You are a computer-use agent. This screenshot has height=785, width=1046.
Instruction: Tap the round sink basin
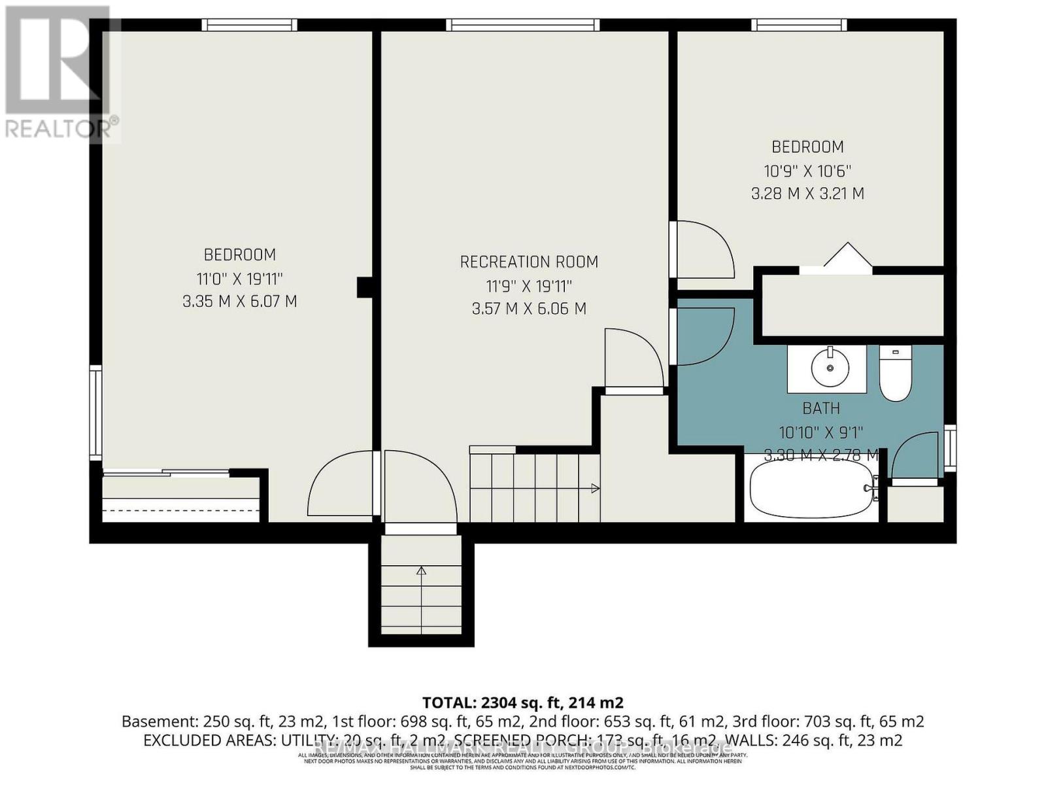(830, 368)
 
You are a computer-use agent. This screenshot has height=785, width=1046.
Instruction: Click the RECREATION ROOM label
(529, 262)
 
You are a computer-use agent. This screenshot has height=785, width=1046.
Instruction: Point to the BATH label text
(821, 408)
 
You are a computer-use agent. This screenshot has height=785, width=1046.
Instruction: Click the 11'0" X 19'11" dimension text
(239, 279)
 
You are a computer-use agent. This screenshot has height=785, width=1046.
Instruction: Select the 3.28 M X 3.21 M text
(807, 194)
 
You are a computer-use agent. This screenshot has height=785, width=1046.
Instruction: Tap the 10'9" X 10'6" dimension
(807, 171)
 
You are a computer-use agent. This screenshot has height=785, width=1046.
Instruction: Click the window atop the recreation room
(522, 25)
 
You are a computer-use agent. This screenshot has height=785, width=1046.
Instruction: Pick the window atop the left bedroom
(249, 25)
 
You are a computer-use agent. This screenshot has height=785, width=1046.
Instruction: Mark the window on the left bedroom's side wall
(96, 413)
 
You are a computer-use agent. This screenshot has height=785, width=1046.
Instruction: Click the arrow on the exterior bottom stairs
(421, 570)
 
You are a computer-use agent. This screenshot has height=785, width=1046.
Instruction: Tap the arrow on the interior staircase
(595, 488)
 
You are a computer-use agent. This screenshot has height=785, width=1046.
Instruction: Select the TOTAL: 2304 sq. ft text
(522, 703)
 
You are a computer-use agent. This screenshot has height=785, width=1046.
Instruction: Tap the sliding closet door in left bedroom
(166, 473)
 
